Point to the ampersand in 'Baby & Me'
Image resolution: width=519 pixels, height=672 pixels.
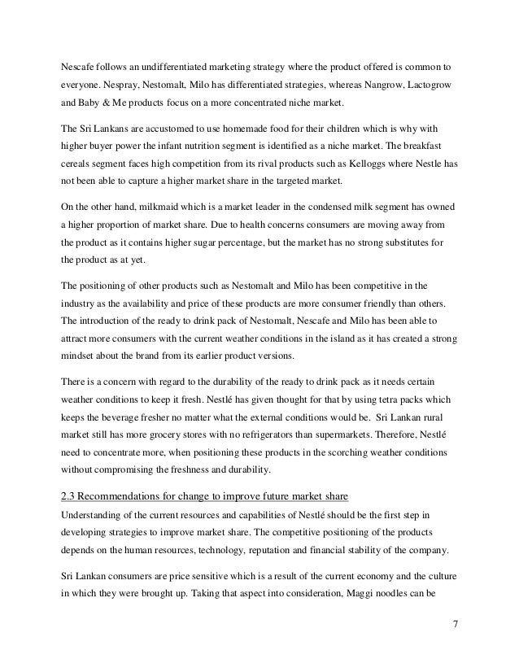102,105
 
